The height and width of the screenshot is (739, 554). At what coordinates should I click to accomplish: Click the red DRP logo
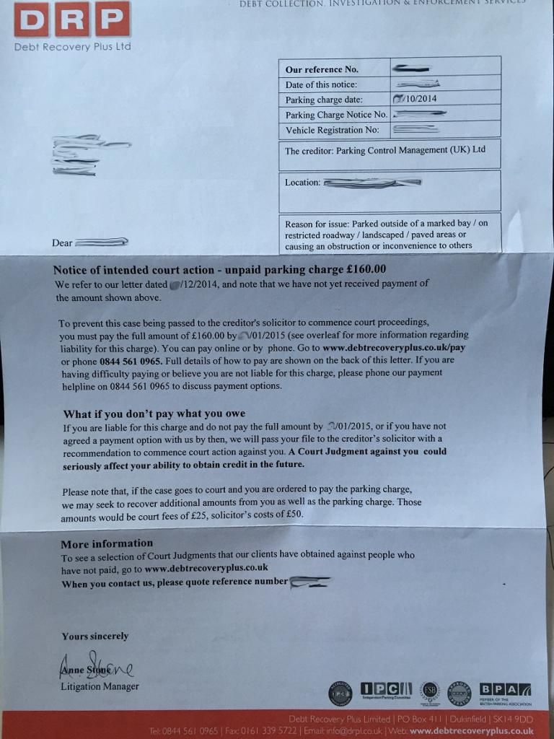coord(72,19)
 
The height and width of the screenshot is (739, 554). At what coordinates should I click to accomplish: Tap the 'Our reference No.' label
coord(322,70)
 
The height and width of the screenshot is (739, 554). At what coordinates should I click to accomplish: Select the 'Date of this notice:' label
coord(321,85)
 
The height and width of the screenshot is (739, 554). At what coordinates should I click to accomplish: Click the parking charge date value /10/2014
coord(415,99)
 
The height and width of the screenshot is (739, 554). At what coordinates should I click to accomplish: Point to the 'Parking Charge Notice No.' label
coord(336,115)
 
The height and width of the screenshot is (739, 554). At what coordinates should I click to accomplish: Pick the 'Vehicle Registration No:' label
coord(332,131)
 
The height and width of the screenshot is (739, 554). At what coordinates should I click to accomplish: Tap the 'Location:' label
coord(302,183)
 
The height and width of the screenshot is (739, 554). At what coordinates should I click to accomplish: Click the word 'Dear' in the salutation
coord(62,243)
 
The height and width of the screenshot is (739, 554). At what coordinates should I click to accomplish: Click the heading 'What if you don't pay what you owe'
coord(154,414)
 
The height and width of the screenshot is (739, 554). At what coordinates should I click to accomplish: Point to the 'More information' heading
coord(107,543)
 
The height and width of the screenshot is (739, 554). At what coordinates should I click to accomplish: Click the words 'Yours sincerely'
coord(95,636)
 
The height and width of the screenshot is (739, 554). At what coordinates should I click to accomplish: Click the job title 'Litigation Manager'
coord(100,686)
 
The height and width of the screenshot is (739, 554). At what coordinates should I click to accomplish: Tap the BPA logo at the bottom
coord(505,691)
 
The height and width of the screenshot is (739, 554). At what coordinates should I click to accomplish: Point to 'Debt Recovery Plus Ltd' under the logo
coord(72,47)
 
